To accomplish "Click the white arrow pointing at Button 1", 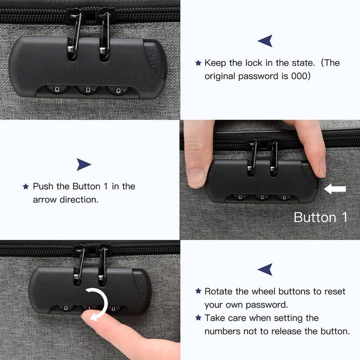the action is pyautogui.click(x=335, y=189).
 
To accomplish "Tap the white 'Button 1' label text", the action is pyautogui.click(x=320, y=217).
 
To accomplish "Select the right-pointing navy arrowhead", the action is pyautogui.click(x=84, y=165).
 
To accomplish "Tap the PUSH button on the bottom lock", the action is pyautogui.click(x=140, y=284).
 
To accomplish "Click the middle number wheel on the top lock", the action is pyautogui.click(x=87, y=90).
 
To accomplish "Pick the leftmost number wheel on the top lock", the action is pyautogui.click(x=57, y=89).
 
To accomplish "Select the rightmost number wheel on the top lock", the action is pyautogui.click(x=118, y=90).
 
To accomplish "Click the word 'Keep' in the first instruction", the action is pyautogui.click(x=215, y=63).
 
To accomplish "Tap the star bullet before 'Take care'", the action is pyautogui.click(x=198, y=318).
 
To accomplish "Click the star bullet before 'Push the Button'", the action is pyautogui.click(x=26, y=186).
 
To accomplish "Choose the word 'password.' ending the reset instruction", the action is pyautogui.click(x=267, y=305).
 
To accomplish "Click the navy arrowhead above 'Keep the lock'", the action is pyautogui.click(x=265, y=41).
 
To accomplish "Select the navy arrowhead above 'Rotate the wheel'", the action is pyautogui.click(x=265, y=269).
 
